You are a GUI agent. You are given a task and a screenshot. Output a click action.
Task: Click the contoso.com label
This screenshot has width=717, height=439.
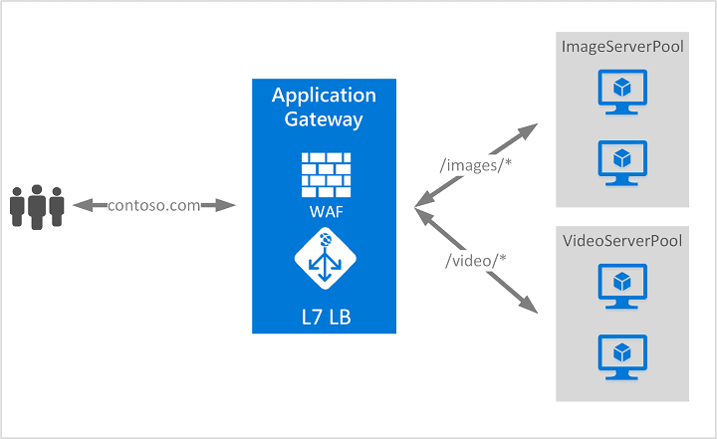pyautogui.click(x=153, y=205)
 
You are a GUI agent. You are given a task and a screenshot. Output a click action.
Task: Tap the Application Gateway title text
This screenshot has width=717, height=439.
pyautogui.click(x=324, y=108)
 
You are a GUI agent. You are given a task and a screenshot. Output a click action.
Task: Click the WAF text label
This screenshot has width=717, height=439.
pyautogui.click(x=324, y=212)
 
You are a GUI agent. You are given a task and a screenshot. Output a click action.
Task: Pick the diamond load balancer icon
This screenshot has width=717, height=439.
pyautogui.click(x=324, y=257)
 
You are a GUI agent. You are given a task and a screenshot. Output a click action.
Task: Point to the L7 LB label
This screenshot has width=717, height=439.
pyautogui.click(x=324, y=317)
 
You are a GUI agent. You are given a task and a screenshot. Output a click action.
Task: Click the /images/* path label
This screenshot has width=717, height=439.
pyautogui.click(x=474, y=165)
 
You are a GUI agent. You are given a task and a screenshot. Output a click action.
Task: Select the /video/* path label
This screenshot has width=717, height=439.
pyautogui.click(x=477, y=261)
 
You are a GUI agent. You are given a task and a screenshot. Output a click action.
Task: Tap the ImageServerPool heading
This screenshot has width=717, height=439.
pyautogui.click(x=622, y=47)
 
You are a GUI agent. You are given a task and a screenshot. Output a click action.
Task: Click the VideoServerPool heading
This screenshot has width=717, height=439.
pyautogui.click(x=622, y=242)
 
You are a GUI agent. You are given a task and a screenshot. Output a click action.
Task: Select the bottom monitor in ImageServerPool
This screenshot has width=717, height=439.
pyautogui.click(x=622, y=162)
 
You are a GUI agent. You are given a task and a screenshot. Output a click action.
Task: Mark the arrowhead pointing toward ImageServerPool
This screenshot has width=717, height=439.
pyautogui.click(x=529, y=130)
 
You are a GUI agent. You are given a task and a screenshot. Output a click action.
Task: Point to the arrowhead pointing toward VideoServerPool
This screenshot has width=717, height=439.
pyautogui.click(x=529, y=307)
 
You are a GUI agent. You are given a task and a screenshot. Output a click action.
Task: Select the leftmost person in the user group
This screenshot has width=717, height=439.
pyautogui.click(x=17, y=207)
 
